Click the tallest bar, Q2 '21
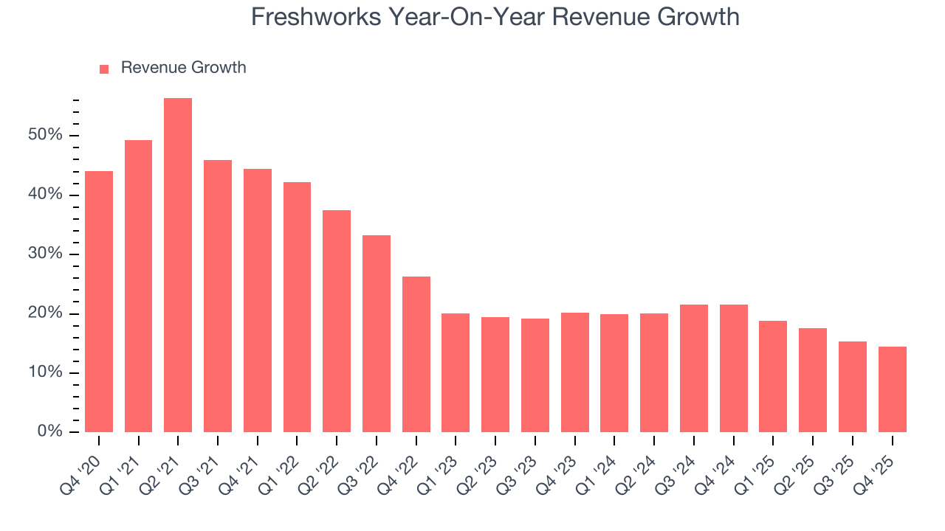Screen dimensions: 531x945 [x=178, y=265]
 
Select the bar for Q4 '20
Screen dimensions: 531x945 [x=99, y=302]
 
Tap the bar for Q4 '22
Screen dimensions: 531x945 [x=416, y=354]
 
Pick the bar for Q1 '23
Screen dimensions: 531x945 [x=456, y=372]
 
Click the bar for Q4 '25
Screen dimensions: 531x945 [x=892, y=389]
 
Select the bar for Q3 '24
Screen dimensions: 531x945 [x=694, y=368]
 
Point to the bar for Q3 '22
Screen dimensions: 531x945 [x=377, y=333]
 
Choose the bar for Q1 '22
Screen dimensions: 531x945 [x=297, y=307]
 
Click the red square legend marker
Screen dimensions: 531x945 [x=104, y=69]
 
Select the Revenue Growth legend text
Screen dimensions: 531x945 [x=183, y=68]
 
